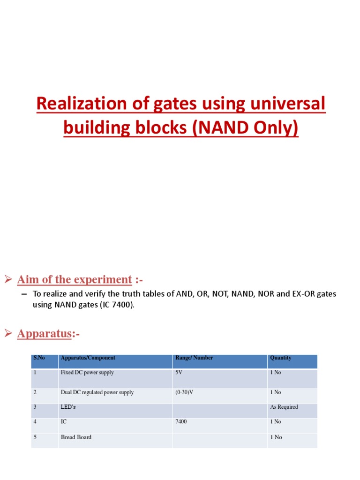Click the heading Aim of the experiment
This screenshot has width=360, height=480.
coord(75,279)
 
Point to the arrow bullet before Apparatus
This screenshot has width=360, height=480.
coord(8,334)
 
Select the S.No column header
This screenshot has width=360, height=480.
coord(39,358)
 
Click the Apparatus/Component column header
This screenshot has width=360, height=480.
coord(88,358)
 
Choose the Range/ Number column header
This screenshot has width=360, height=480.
coord(194,358)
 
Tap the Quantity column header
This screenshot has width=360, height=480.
coord(281,358)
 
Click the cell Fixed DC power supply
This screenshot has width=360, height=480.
coord(87,373)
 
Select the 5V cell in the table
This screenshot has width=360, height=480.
coord(179,373)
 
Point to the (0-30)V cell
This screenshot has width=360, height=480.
coord(184,392)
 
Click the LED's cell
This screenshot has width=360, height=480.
coord(68,407)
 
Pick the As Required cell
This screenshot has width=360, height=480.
coord(284,407)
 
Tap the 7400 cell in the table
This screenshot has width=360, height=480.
coord(181,421)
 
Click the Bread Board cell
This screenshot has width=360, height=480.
coord(76,437)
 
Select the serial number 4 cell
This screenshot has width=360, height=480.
coord(35,421)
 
